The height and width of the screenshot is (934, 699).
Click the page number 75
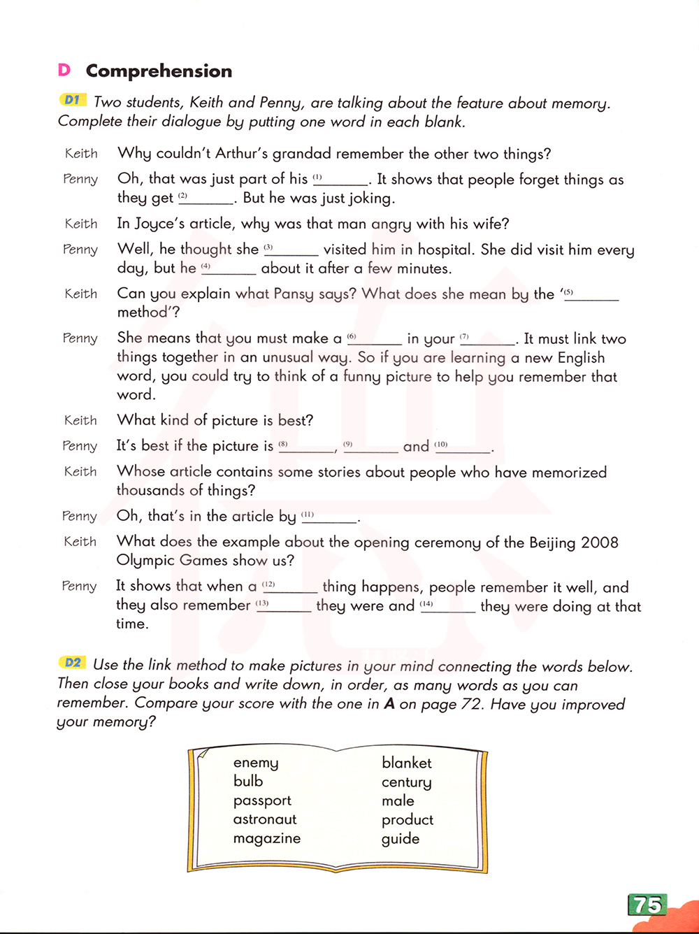point(647,905)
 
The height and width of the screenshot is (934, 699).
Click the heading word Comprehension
point(159,71)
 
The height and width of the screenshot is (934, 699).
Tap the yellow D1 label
point(73,100)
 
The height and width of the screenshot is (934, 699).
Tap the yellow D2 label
point(72,663)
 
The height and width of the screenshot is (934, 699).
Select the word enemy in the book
point(256,763)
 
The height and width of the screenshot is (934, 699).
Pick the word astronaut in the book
point(265,819)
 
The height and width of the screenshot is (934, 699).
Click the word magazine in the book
point(267,839)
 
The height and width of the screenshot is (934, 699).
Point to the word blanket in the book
point(407,763)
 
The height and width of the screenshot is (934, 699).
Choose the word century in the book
point(407,782)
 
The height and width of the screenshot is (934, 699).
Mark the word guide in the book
point(401,839)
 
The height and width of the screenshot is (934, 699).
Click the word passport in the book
point(262,801)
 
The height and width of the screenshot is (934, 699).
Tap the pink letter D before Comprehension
point(64,71)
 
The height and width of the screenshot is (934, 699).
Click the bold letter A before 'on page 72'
point(389,704)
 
